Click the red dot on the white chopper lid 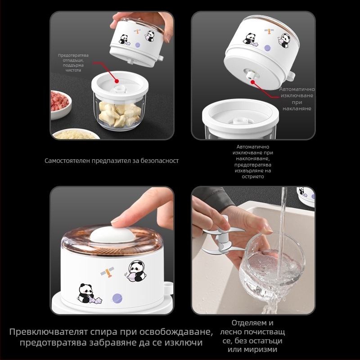coord(117,81)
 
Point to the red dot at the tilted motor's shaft coord(253,82)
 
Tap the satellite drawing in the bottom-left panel coord(108,272)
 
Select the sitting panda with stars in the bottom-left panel coord(88,294)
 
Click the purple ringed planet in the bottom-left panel coord(117,298)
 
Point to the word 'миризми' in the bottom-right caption coord(252,350)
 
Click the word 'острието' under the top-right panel coord(252,176)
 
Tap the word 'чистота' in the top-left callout coord(73,70)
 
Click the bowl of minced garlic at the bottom coord(76,134)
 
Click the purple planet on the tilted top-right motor coord(267,48)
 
